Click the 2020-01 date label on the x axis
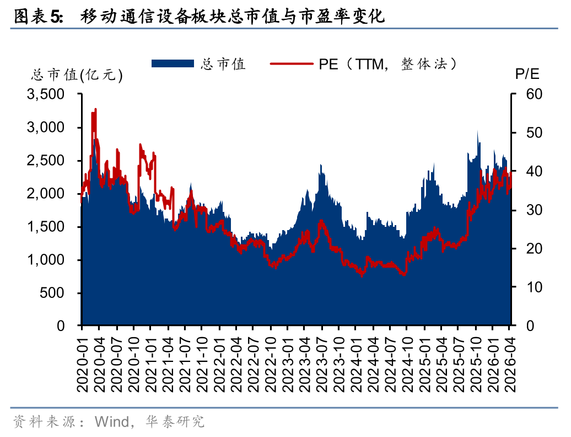83,361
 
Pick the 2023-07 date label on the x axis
321,361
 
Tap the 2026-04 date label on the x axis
508,361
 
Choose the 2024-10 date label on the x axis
406,361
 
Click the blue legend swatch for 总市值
173,63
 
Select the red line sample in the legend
292,63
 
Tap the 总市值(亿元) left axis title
77,75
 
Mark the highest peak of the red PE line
96,109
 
